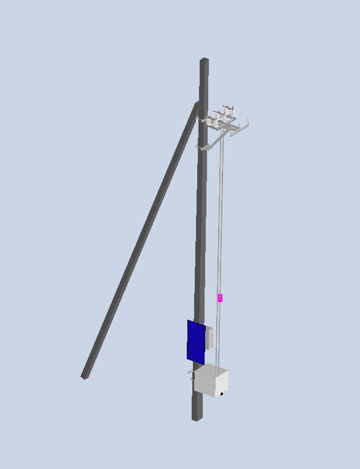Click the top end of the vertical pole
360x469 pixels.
pos(204,61)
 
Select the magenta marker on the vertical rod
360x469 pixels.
pos(220,298)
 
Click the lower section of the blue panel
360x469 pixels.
pos(196,352)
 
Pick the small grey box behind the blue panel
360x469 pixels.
pos(209,337)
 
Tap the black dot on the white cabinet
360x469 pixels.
pos(221,392)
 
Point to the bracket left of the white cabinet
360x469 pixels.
pos(190,373)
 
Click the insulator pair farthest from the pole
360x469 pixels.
pos(230,113)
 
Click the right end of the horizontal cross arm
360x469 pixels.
pos(247,125)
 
